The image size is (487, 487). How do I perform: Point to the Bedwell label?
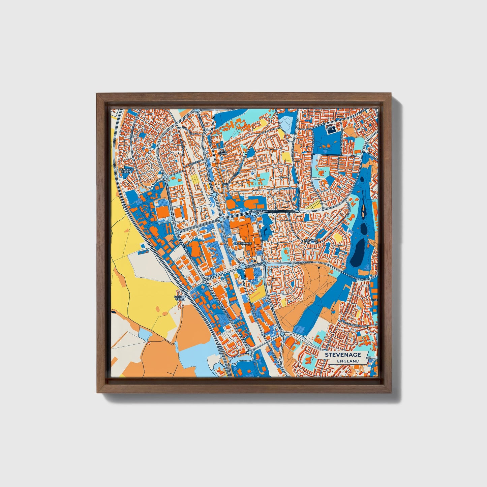[x=311, y=240]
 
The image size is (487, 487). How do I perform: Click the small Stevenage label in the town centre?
[x=243, y=243]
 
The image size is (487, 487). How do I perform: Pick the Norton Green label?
[x=180, y=298]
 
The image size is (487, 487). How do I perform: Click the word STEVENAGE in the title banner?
[x=343, y=355]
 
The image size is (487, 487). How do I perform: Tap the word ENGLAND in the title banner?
[x=350, y=361]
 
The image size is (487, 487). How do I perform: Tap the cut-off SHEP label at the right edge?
[x=374, y=300]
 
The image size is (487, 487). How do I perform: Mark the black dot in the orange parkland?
[x=318, y=268]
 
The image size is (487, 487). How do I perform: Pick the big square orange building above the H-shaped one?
[x=161, y=212]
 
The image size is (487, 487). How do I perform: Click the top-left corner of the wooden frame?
[x=97, y=94]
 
